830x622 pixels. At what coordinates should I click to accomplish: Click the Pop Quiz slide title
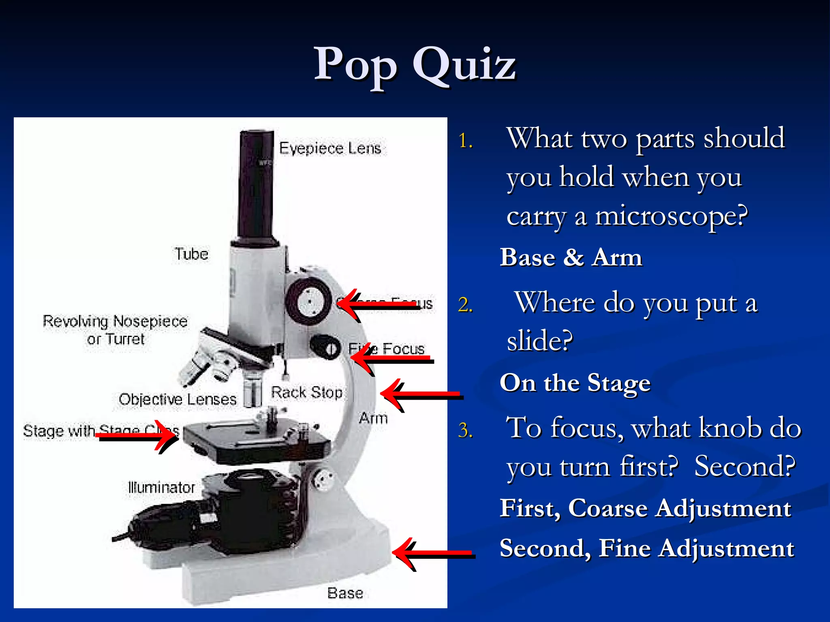pos(415,65)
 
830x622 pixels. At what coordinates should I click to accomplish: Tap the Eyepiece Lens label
pos(330,148)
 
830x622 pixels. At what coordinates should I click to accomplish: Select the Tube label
pos(191,254)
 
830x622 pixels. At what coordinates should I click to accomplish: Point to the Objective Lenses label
pos(178,399)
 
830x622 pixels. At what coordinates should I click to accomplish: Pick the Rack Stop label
pos(306,392)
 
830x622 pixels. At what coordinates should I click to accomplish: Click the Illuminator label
pos(161,487)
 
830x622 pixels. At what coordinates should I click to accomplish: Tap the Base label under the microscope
pos(345,593)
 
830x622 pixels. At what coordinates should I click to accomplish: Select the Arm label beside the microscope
pos(373,418)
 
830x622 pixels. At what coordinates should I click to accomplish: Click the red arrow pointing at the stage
pos(138,435)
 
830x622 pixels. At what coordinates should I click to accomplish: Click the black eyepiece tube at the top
pos(256,186)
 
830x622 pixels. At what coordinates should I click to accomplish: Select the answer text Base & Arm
pos(571,258)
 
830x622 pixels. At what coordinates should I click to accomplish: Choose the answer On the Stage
pos(575,383)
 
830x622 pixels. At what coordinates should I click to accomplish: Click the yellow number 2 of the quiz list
pos(465,305)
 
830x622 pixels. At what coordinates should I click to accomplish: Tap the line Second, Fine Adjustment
pos(646,548)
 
